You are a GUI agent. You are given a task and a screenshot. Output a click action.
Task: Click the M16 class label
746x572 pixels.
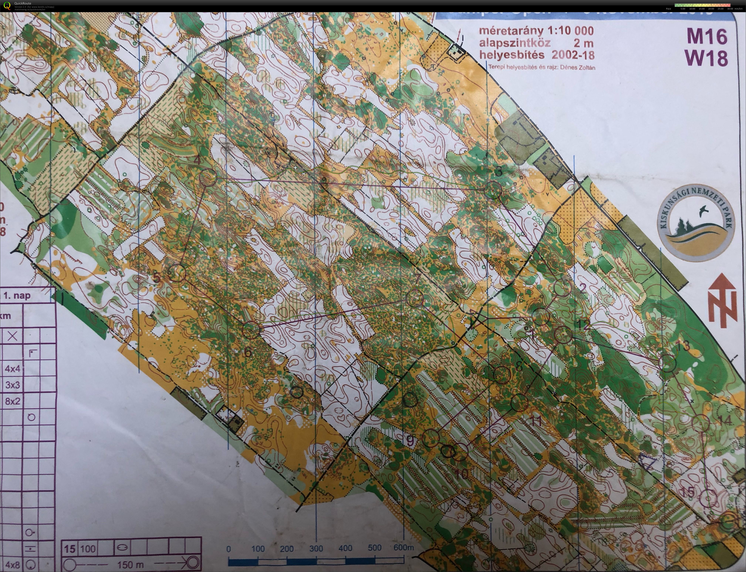[x=707, y=36]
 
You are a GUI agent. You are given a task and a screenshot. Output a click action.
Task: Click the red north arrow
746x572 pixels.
[x=723, y=300]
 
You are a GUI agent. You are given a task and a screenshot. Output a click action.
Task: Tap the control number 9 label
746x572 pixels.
[x=411, y=441]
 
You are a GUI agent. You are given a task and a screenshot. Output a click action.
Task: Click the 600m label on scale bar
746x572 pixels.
[x=404, y=548]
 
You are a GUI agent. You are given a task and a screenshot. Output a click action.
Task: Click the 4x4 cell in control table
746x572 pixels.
[x=13, y=368]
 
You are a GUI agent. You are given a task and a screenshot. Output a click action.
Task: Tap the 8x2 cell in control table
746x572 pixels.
[x=13, y=401]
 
